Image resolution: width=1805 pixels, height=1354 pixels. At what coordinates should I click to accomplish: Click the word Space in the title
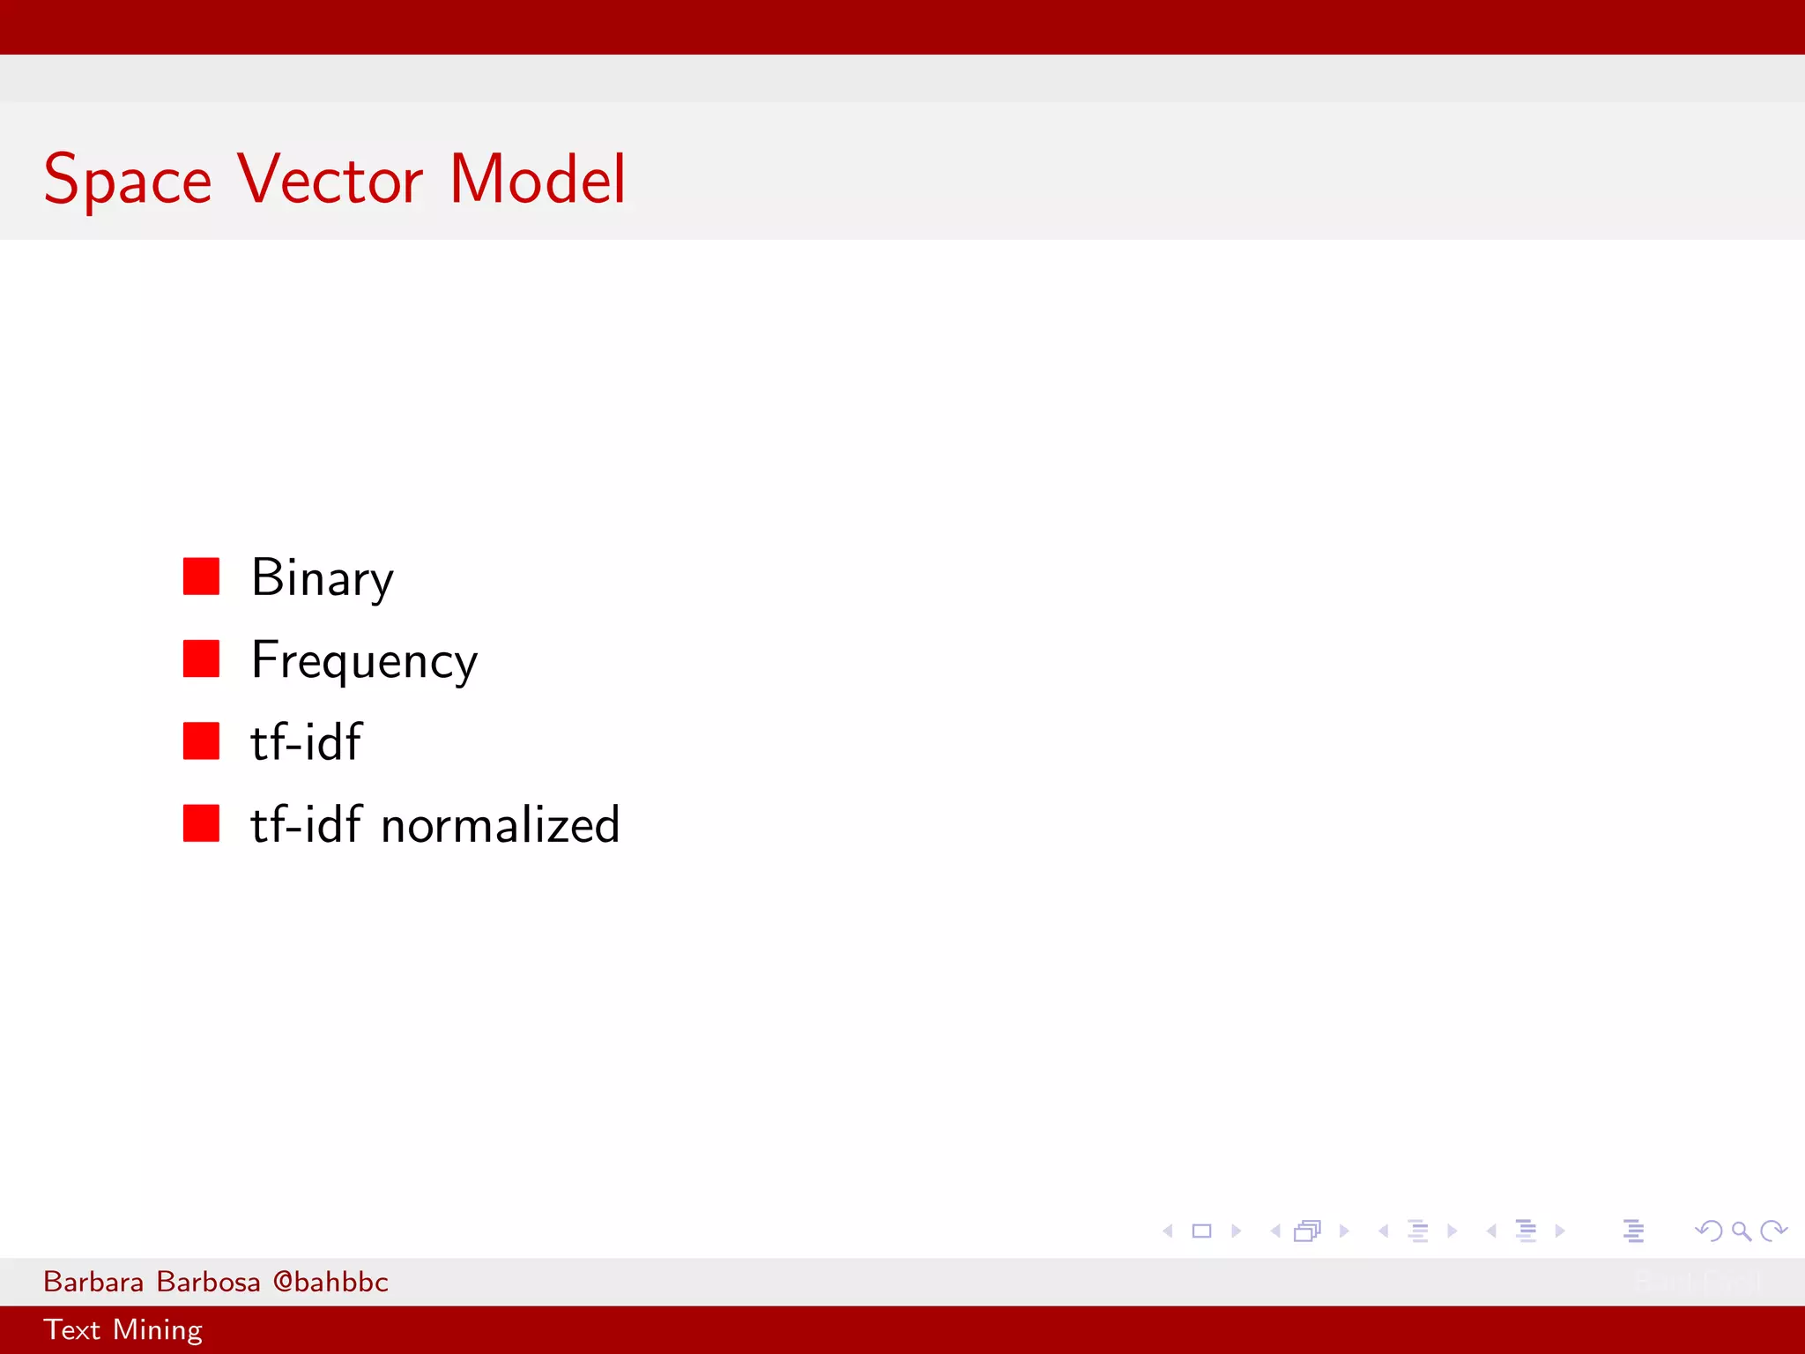[x=128, y=181]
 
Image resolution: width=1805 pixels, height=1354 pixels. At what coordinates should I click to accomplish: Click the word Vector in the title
[x=331, y=179]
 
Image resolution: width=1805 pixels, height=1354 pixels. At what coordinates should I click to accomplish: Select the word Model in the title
[x=538, y=179]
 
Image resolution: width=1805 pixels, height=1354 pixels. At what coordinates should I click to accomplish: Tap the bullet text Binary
[x=322, y=579]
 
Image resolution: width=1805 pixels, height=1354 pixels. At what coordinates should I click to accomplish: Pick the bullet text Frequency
[x=364, y=661]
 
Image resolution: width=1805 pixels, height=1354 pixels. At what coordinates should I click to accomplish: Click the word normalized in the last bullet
[x=500, y=826]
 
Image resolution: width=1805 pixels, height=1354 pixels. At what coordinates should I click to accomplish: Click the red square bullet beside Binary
[x=201, y=577]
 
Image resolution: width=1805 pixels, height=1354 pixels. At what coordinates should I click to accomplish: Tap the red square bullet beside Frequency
[x=201, y=658]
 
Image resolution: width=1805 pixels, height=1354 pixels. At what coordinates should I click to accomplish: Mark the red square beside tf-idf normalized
[x=201, y=823]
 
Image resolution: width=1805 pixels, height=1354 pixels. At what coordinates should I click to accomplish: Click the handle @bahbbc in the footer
[x=331, y=1282]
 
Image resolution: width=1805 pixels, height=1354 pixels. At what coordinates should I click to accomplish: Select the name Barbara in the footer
[x=93, y=1282]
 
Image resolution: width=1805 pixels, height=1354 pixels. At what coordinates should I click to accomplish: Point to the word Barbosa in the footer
[x=208, y=1282]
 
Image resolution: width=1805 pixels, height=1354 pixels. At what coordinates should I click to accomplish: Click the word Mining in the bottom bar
[x=158, y=1330]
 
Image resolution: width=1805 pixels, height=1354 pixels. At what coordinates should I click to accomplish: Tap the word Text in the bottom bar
[x=71, y=1329]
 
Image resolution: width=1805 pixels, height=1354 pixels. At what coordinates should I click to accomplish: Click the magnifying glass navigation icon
[x=1741, y=1231]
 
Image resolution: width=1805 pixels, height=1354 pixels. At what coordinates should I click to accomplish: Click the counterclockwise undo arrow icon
[x=1708, y=1231]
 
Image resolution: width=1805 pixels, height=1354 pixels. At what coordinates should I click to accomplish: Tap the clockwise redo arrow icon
[x=1773, y=1231]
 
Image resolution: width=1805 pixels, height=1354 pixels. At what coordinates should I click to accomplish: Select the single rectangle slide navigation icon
[x=1201, y=1231]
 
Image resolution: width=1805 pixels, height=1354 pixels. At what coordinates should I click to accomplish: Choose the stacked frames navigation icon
[x=1308, y=1231]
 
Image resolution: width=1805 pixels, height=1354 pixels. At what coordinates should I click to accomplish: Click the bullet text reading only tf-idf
[x=306, y=742]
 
